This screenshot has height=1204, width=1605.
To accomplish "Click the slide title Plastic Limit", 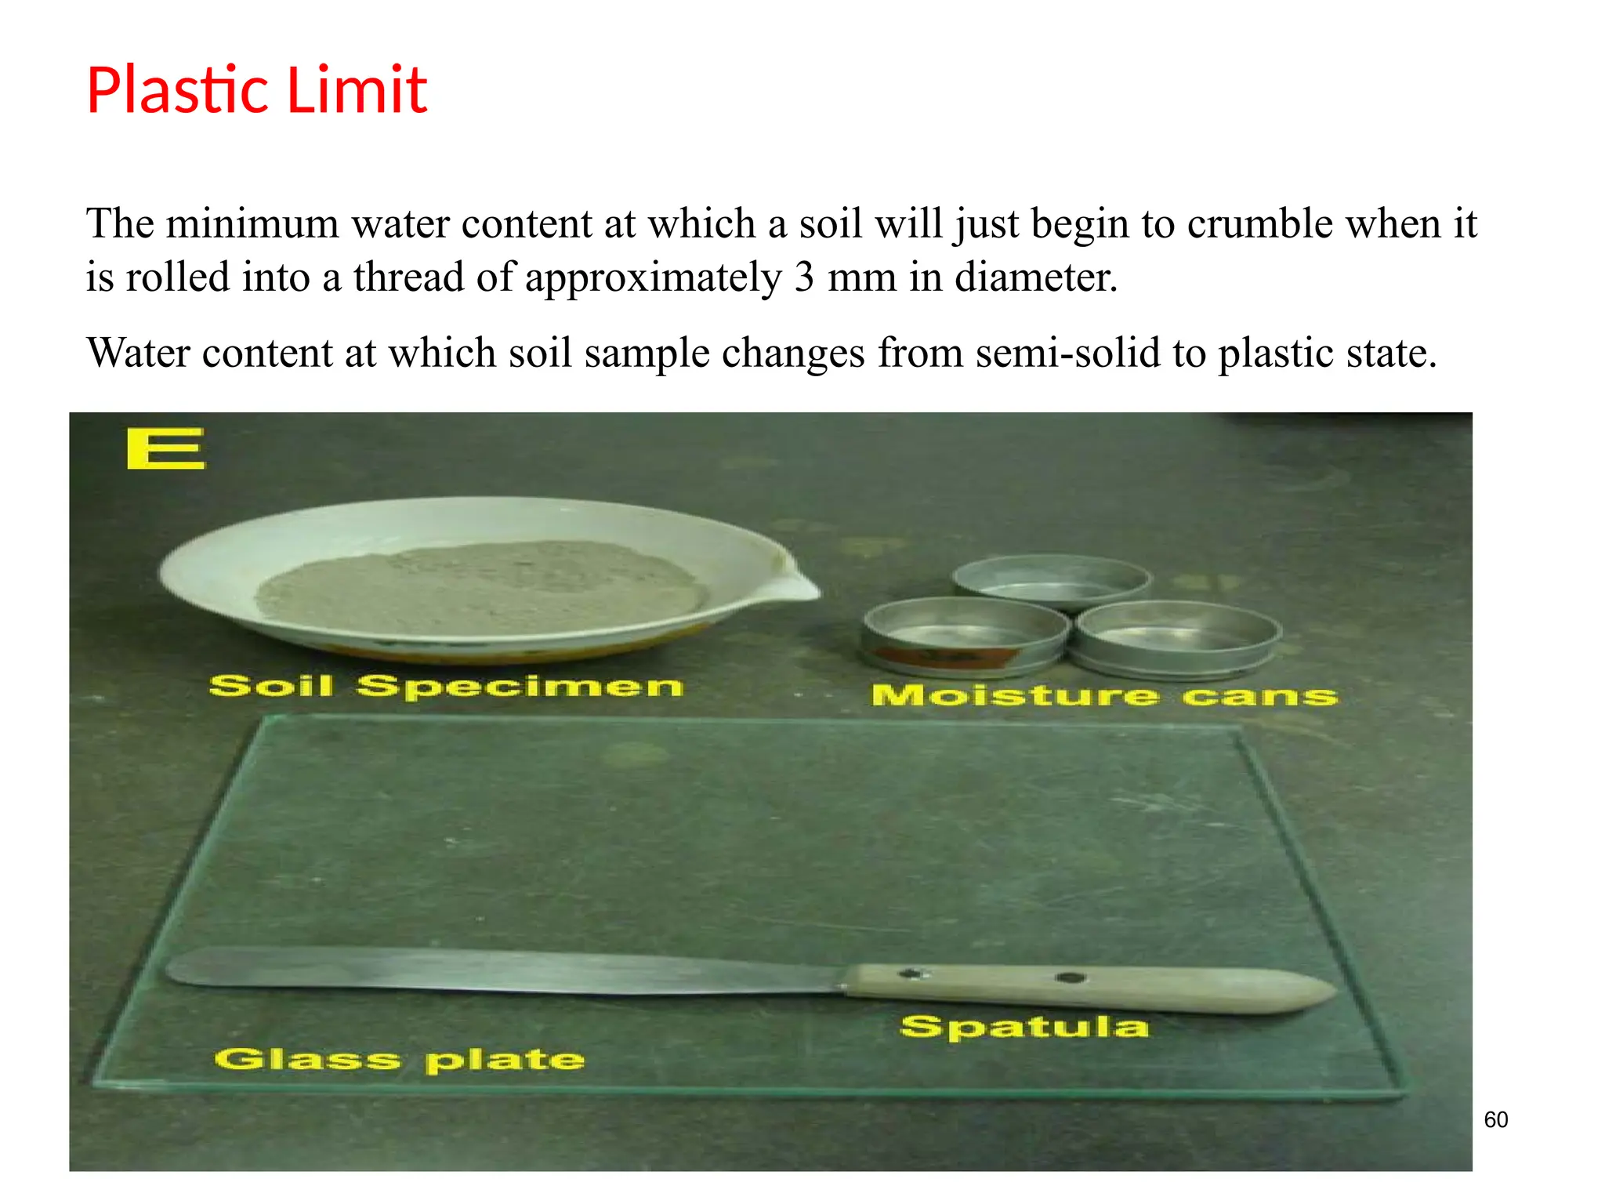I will point(256,90).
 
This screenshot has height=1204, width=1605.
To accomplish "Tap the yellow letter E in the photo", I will point(165,448).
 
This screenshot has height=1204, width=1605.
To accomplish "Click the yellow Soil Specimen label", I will point(446,686).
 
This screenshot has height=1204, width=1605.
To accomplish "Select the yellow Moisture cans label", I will point(1104,695).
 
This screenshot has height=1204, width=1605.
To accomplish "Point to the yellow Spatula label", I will point(1024,1026).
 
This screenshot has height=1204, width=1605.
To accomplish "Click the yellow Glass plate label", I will point(400,1060).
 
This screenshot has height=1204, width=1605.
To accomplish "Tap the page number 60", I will point(1495,1119).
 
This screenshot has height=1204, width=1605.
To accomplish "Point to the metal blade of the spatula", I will point(502,972).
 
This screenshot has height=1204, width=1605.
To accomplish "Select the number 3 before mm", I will point(803,277).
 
